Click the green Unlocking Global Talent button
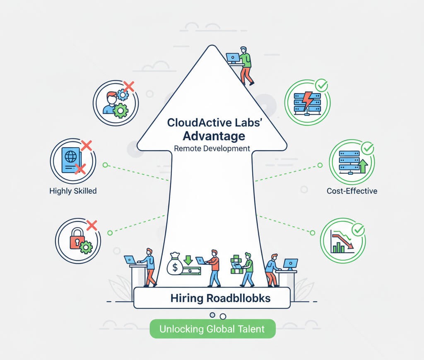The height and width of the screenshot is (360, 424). (212, 329)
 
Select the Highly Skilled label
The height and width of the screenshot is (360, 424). (72, 191)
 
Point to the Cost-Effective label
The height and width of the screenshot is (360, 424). (352, 191)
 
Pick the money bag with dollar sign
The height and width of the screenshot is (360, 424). (174, 265)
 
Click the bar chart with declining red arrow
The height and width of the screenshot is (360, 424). (342, 242)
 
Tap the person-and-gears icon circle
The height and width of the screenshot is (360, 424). (116, 102)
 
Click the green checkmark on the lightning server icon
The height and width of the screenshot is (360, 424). (321, 86)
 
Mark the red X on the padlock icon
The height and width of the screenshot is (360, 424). (92, 226)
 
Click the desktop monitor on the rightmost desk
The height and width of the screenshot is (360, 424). (291, 264)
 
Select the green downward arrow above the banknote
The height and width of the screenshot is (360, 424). (188, 260)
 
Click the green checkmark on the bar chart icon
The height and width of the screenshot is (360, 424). (357, 229)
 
